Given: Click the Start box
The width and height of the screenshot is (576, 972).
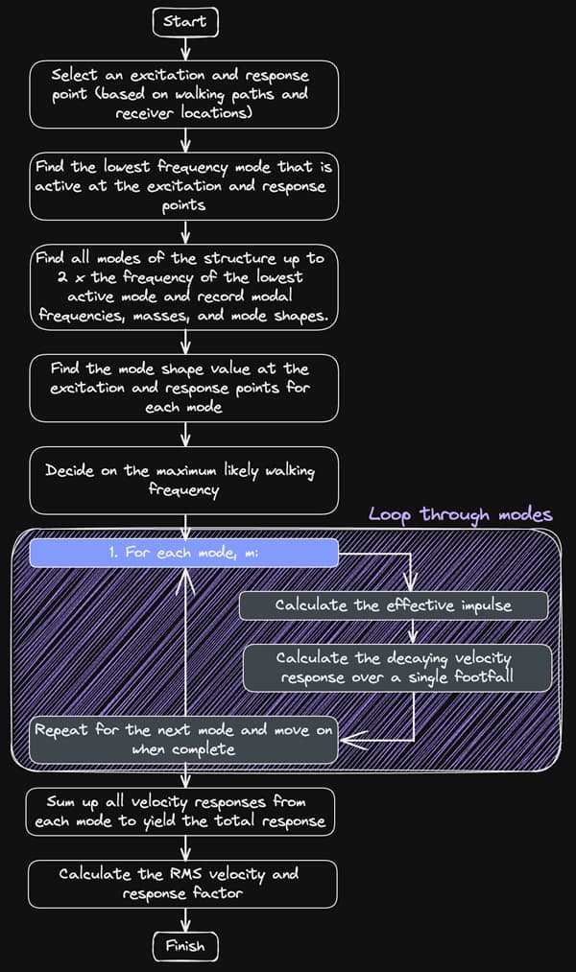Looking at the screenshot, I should tap(184, 20).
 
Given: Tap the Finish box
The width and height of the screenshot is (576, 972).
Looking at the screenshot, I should tap(184, 946).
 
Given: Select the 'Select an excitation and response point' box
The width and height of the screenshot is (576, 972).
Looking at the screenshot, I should tap(184, 95).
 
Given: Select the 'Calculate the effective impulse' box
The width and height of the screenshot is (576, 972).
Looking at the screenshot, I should tap(394, 605).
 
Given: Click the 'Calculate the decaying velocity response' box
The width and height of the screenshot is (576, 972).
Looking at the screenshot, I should tap(396, 668).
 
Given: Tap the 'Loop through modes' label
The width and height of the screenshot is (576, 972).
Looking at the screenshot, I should tap(460, 515).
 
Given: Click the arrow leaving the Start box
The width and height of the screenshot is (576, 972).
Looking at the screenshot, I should tap(184, 48).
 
